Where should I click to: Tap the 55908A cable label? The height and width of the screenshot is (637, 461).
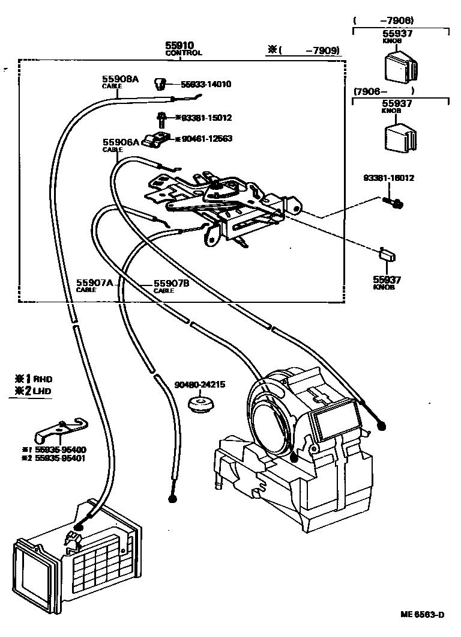click(119, 81)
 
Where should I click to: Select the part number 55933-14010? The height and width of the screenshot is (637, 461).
click(206, 85)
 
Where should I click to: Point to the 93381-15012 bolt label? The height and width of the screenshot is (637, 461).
click(203, 118)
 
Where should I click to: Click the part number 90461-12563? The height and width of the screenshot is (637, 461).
click(203, 139)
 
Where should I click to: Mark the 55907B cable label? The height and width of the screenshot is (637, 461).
click(171, 284)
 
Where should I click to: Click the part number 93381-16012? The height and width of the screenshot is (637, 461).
click(388, 178)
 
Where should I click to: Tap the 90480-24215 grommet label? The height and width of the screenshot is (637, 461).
click(199, 385)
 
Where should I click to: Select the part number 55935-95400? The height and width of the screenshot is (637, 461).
click(59, 450)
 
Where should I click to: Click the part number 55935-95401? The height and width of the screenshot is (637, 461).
click(59, 459)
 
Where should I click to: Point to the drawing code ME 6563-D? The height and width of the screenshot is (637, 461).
click(423, 615)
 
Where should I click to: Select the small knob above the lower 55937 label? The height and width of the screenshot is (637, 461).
click(387, 254)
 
